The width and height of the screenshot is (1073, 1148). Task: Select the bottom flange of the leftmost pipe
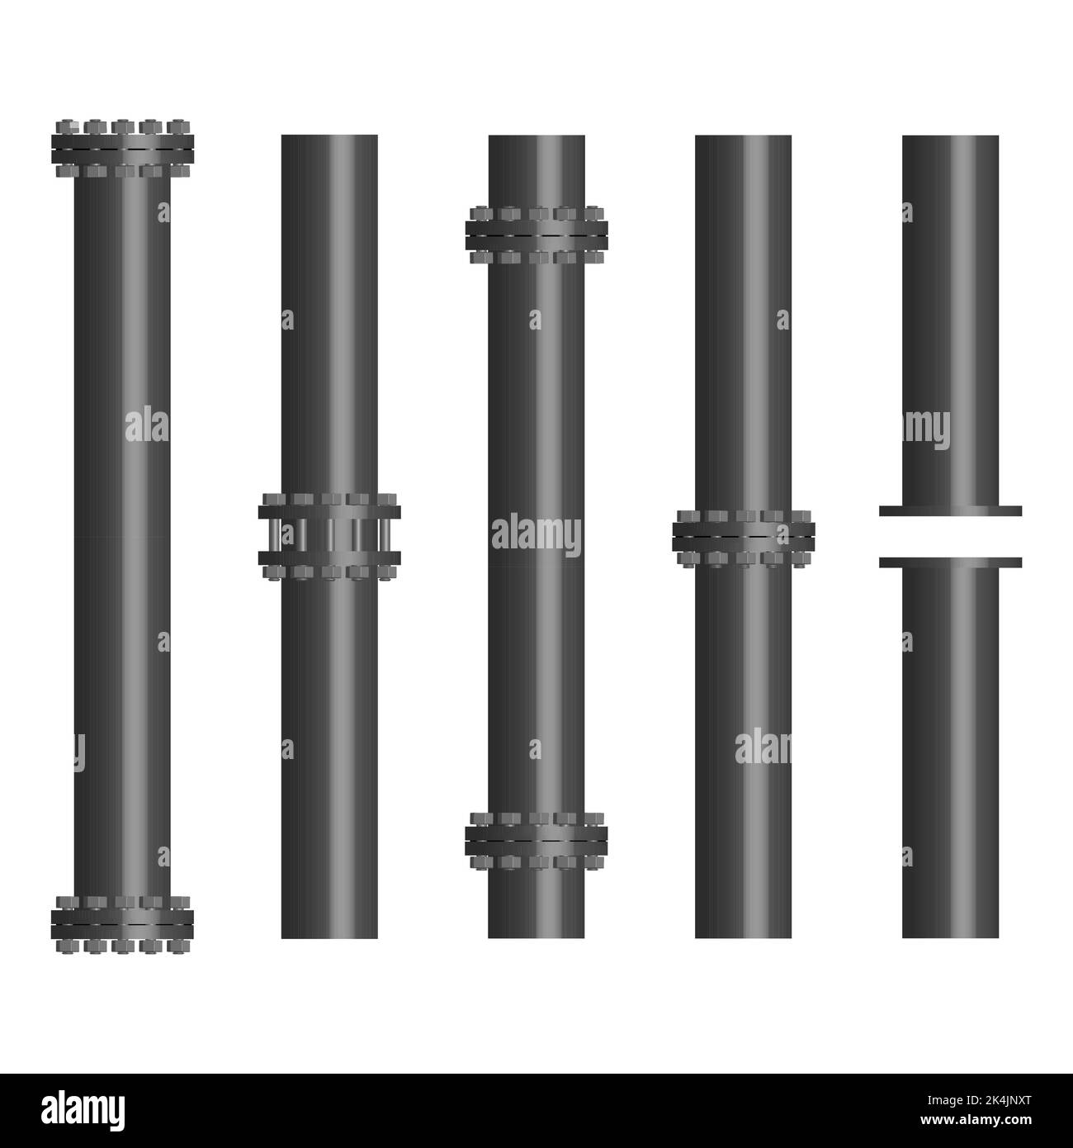pos(122,919)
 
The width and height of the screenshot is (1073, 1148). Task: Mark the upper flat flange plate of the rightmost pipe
pos(950,510)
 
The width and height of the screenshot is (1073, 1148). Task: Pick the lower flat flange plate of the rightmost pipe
pos(950,562)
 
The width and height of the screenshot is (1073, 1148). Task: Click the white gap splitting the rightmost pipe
pos(950,537)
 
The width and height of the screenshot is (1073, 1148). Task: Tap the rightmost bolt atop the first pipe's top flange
pos(175,126)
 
